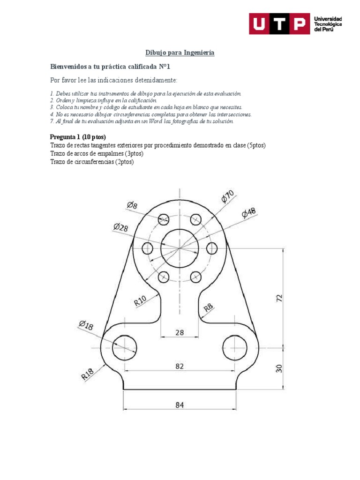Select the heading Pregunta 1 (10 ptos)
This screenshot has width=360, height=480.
pyautogui.click(x=78, y=137)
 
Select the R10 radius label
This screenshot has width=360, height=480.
pyautogui.click(x=141, y=300)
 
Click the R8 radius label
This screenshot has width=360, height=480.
pyautogui.click(x=208, y=307)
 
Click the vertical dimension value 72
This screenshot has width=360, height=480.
pyautogui.click(x=279, y=298)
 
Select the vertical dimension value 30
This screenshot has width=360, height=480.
pyautogui.click(x=279, y=368)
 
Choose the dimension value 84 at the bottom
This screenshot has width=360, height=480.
pyautogui.click(x=180, y=405)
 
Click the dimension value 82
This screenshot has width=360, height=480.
pyautogui.click(x=180, y=366)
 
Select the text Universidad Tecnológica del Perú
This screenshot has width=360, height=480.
pyautogui.click(x=328, y=24)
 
